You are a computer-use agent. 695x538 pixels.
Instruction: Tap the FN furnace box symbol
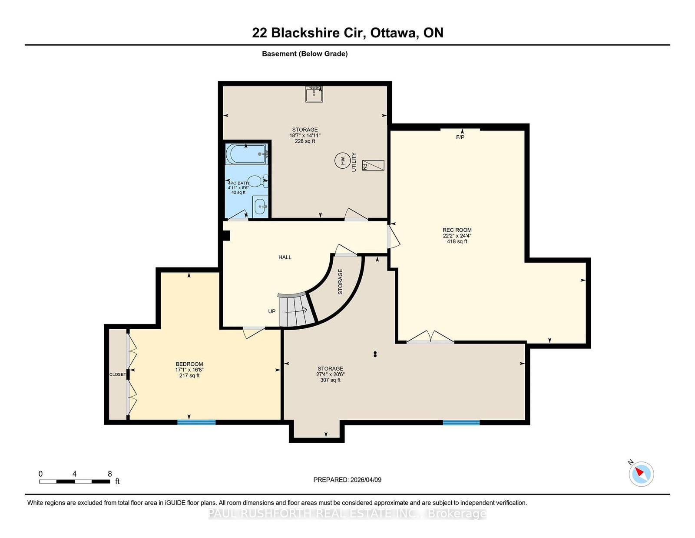coord(373,165)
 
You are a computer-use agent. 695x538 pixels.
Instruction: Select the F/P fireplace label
coord(460,137)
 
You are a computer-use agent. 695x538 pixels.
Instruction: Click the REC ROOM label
coord(457,230)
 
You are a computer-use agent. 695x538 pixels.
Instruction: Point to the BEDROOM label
coord(189,364)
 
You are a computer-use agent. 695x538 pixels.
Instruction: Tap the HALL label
coord(285,257)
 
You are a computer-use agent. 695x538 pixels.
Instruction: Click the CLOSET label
coord(118,374)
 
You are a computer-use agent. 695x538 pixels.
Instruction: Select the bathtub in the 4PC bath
coord(246,154)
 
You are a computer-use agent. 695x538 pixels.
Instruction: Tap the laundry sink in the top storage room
coord(314,94)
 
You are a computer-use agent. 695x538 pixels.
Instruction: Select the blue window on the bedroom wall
coord(196,422)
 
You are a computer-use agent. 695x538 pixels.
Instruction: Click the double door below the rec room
coord(430,337)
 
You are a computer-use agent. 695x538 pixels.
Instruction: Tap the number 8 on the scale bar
coord(110,474)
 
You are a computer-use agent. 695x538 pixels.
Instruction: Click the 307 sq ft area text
coord(331,380)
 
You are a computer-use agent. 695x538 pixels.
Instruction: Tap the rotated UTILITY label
coord(354,162)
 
